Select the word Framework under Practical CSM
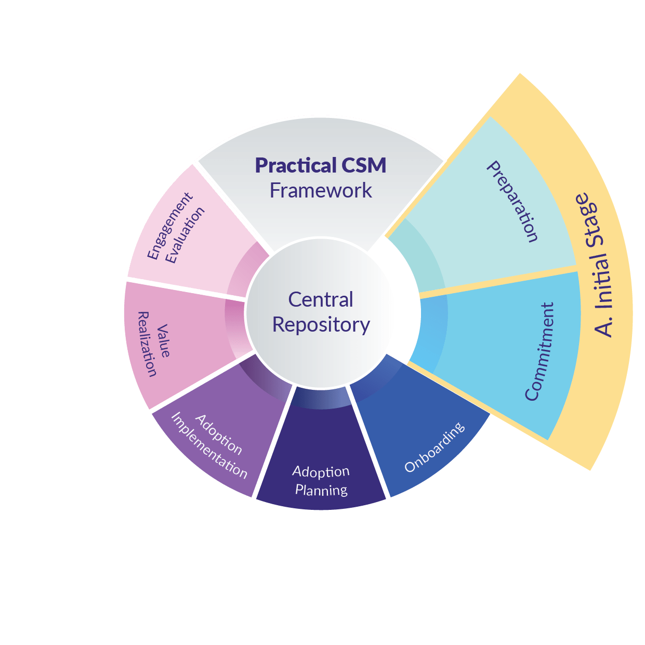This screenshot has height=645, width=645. tap(321, 191)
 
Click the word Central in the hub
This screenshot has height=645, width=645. tap(321, 299)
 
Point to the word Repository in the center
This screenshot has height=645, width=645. tap(321, 325)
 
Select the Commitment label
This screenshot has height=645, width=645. tap(539, 351)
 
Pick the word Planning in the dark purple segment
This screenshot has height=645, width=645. tap(321, 490)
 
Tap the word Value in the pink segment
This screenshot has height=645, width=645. tap(163, 341)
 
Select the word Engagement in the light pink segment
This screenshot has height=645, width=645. tap(169, 226)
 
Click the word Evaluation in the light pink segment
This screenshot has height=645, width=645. tap(186, 235)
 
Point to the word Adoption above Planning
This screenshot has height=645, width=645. tap(321, 472)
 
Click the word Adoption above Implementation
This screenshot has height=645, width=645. tap(219, 434)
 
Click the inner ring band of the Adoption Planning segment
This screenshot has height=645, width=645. tap(321, 398)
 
